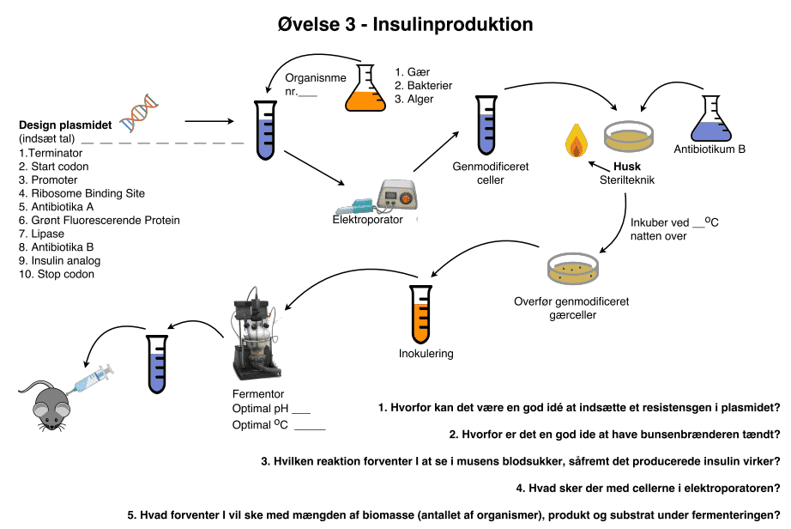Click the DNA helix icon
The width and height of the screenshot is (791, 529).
tap(138, 112)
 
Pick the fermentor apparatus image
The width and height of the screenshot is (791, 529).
tap(255, 334)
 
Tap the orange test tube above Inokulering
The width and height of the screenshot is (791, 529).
tap(420, 314)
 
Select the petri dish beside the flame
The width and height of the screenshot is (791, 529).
tap(629, 135)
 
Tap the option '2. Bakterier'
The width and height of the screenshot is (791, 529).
tap(423, 86)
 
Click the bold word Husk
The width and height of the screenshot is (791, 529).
tap(627, 167)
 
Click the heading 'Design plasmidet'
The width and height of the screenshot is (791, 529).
tap(65, 125)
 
